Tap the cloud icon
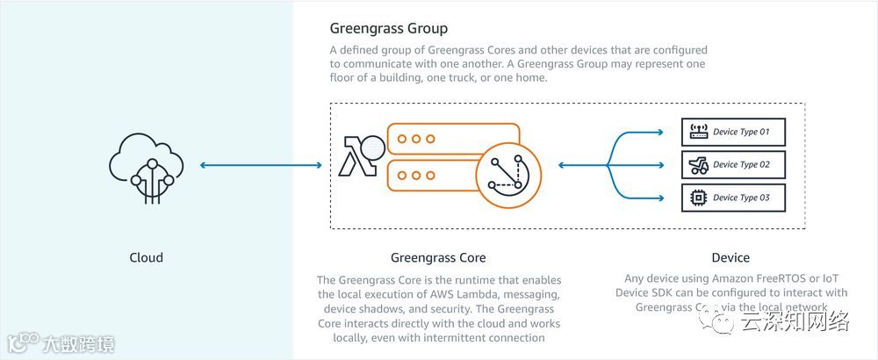[146, 165]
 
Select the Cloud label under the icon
[146, 257]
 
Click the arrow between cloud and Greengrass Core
[261, 165]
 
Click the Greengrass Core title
[438, 257]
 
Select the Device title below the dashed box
[730, 257]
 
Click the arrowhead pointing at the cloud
[205, 165]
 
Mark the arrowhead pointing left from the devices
[563, 165]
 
